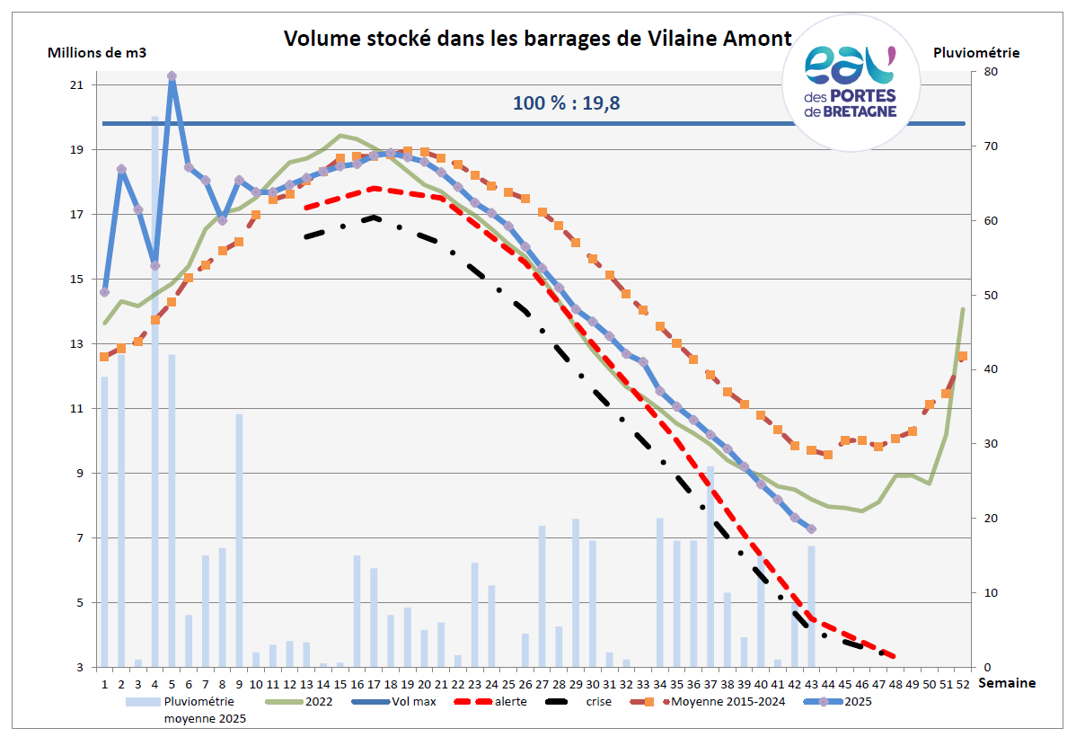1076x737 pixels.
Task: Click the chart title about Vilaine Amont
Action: point(538,39)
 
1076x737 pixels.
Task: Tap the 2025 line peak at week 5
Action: point(172,76)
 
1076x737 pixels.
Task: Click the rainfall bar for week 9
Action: point(239,539)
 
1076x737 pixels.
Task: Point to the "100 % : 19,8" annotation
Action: point(566,102)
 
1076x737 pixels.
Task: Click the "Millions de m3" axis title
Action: point(97,52)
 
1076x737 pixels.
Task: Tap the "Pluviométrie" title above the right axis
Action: point(975,52)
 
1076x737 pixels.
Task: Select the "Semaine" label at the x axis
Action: point(1006,683)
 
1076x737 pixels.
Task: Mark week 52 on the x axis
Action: point(963,683)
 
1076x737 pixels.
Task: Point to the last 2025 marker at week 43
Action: point(812,528)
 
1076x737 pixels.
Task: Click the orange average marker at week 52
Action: point(963,356)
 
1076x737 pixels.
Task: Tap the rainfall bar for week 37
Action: point(710,566)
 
